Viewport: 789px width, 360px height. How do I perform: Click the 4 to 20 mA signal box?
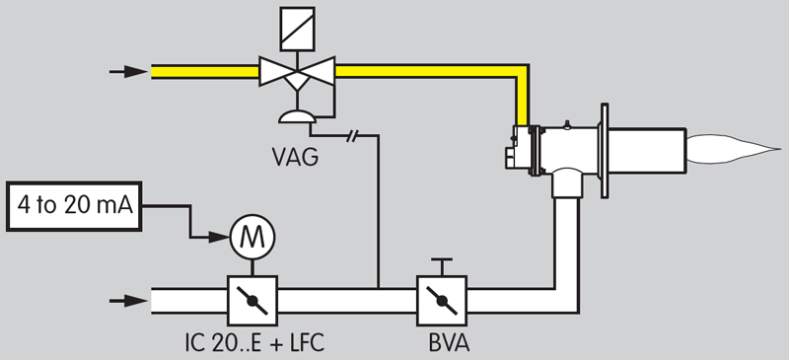(72, 206)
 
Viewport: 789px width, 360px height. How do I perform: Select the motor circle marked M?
(252, 236)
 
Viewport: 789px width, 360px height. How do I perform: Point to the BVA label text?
(443, 345)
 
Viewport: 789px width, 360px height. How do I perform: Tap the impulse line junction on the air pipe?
(378, 288)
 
